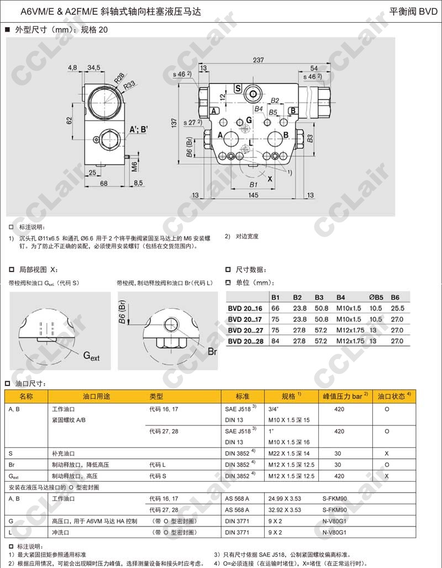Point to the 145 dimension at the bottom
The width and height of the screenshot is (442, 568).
tap(253, 195)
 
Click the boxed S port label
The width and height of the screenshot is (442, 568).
tap(238, 88)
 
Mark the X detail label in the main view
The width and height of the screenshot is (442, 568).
tap(270, 179)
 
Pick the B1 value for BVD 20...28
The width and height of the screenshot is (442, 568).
tap(275, 341)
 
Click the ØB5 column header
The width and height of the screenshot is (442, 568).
tap(376, 297)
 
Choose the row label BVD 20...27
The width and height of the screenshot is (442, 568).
tap(245, 330)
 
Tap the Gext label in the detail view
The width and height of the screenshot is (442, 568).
tap(91, 356)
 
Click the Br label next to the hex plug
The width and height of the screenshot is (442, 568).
tap(212, 351)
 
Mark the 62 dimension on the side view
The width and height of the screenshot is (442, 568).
tap(69, 120)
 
